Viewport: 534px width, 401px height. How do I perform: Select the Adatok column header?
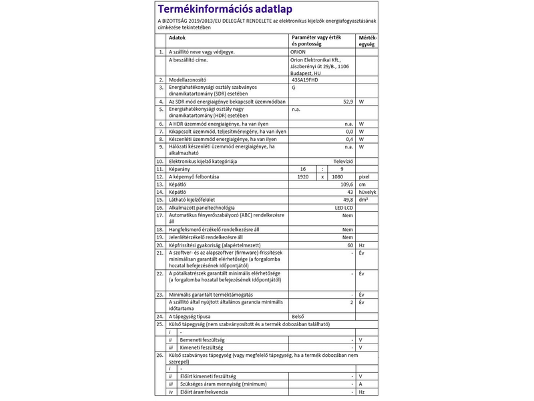pos(177,38)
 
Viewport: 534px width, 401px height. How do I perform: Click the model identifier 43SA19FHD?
pos(306,80)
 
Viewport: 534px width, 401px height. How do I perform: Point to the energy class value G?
pos(294,88)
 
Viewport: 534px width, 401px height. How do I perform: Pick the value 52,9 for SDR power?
pos(348,102)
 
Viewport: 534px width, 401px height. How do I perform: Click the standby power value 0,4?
pos(348,139)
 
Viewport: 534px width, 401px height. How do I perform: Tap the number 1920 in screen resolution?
pos(304,176)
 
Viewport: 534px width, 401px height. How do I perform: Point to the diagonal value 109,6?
pos(346,184)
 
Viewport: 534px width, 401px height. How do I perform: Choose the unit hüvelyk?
pos(368,192)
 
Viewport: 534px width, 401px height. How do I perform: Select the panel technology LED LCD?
pos(344,207)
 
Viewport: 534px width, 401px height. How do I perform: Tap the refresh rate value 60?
pos(349,245)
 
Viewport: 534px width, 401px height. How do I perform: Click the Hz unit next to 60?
pos(362,245)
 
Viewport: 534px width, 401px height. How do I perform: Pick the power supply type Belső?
pos(298,316)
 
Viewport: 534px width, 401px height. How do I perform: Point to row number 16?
pos(160,207)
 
